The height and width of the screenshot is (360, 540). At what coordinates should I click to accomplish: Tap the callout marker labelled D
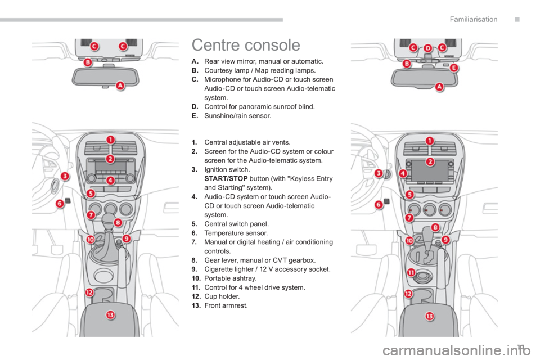pos(427,49)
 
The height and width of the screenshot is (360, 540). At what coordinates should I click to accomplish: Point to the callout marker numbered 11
pos(411,273)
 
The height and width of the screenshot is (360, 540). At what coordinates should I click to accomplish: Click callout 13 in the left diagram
pos(111,314)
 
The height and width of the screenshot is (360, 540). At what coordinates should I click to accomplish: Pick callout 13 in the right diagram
pos(430,316)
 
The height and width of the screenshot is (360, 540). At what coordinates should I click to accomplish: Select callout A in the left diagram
pos(120,86)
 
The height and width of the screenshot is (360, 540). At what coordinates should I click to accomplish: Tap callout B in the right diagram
pos(407,64)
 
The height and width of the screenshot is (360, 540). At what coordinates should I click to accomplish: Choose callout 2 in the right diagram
pos(430,161)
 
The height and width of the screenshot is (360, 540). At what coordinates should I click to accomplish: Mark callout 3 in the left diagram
pos(65,176)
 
